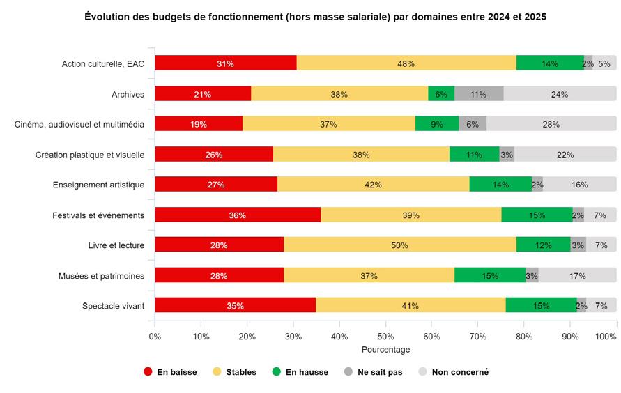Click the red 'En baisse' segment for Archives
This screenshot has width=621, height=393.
(203, 94)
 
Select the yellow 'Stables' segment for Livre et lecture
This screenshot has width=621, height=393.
(399, 245)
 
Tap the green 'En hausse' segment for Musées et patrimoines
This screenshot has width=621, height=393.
(490, 276)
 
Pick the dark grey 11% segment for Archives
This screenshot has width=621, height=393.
(478, 94)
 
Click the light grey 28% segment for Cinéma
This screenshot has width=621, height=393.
(551, 124)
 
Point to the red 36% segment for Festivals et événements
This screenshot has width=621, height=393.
(237, 215)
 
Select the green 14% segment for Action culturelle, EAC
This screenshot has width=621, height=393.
(550, 63)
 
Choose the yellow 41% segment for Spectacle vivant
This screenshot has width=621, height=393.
(410, 306)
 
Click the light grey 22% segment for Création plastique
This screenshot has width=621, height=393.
(565, 155)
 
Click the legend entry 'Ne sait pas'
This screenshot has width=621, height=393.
(379, 372)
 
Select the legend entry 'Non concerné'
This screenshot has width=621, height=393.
(459, 372)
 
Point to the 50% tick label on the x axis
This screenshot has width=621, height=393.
(385, 337)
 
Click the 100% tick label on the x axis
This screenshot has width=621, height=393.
(606, 337)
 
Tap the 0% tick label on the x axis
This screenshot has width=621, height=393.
(155, 337)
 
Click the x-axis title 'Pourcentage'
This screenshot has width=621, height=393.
(385, 350)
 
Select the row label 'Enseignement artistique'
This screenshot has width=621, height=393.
(98, 185)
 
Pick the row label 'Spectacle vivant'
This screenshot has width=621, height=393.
(113, 306)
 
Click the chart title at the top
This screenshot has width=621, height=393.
(315, 16)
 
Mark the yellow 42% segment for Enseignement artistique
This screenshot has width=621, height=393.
(373, 185)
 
